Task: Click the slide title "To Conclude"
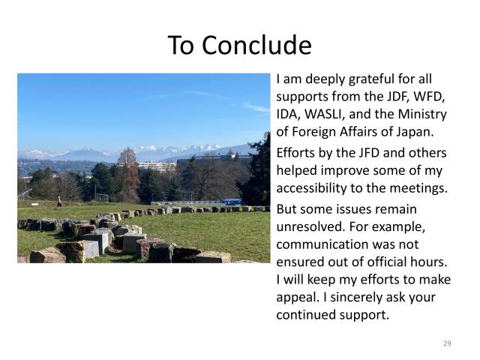(239, 45)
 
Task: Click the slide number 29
(447, 343)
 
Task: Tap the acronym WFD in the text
(430, 97)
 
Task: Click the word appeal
(298, 297)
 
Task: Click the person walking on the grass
(59, 200)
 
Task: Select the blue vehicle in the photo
(232, 202)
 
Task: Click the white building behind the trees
(157, 165)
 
